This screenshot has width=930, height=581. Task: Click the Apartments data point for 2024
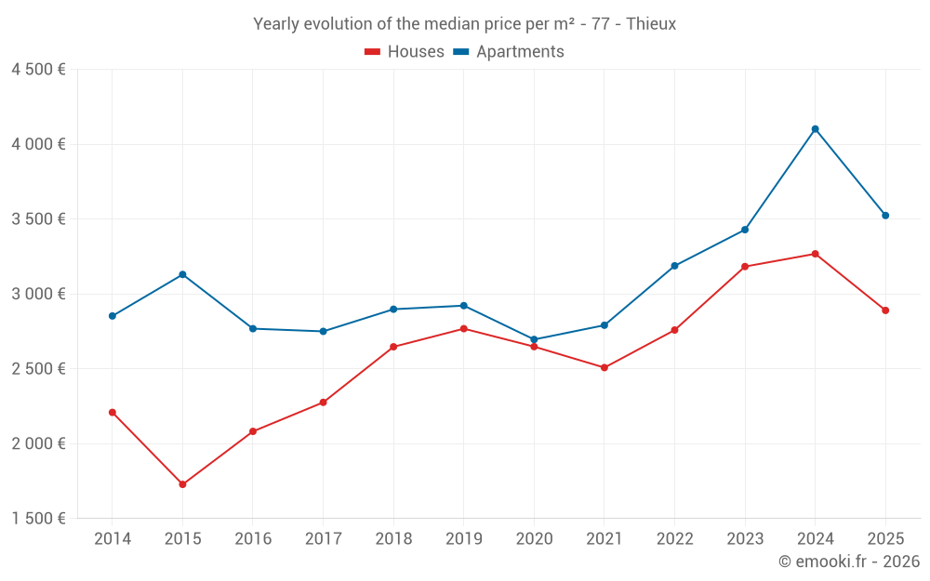coord(815,129)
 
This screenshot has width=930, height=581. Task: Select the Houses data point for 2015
coord(182,484)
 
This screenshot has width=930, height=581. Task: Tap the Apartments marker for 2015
coord(182,274)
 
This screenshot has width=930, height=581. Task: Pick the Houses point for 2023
coord(745,267)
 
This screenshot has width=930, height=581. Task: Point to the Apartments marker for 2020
coord(534,340)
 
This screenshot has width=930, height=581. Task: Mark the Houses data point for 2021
coord(604,367)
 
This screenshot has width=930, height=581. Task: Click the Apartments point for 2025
coord(885,216)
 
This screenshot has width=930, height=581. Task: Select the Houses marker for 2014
coord(113,412)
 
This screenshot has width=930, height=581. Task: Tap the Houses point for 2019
coord(464,328)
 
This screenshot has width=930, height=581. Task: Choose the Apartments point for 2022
coord(674,266)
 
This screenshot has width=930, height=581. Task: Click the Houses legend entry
coord(405,52)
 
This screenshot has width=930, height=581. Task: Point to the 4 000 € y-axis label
coord(38,144)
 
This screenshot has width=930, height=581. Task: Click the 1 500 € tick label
coord(38,519)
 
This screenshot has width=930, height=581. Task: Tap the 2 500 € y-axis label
coord(38,369)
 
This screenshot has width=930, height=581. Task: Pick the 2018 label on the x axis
coord(393,538)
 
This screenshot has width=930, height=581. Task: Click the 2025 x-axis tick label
coord(885,538)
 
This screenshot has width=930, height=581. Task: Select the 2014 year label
coord(113,538)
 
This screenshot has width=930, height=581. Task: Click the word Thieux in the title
coord(651,24)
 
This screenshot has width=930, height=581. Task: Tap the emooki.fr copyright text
coord(848,561)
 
